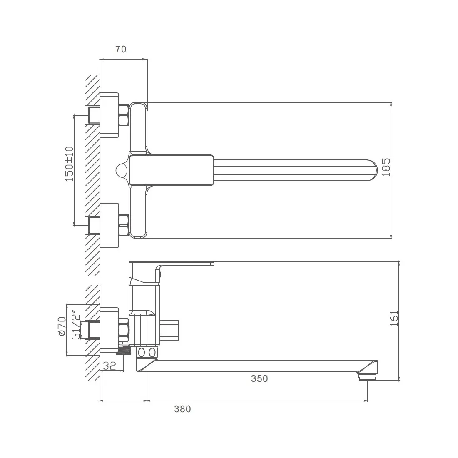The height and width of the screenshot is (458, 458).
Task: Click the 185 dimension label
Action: click(386, 167)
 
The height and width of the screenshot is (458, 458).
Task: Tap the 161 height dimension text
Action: click(394, 319)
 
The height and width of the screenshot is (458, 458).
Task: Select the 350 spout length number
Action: click(259, 378)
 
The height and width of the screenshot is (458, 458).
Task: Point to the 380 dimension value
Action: click(182, 409)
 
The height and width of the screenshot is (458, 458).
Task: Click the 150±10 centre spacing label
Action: click(69, 164)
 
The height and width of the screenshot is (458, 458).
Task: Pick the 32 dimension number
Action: click(110, 366)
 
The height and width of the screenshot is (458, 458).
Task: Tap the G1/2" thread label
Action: click(76, 327)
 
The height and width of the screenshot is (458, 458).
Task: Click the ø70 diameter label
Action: click(62, 326)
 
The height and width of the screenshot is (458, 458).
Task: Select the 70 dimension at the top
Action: click(121, 50)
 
